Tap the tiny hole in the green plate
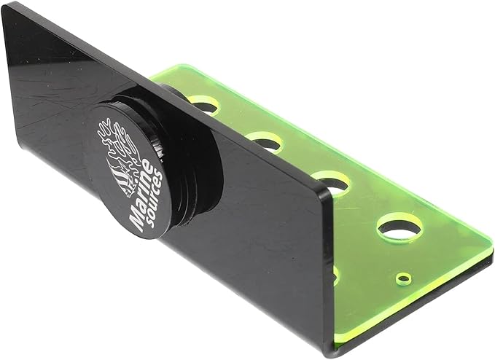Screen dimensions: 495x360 click(x=402, y=278)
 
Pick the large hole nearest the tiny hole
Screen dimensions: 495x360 click(x=399, y=228)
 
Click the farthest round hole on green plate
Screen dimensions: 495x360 click(x=204, y=104)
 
